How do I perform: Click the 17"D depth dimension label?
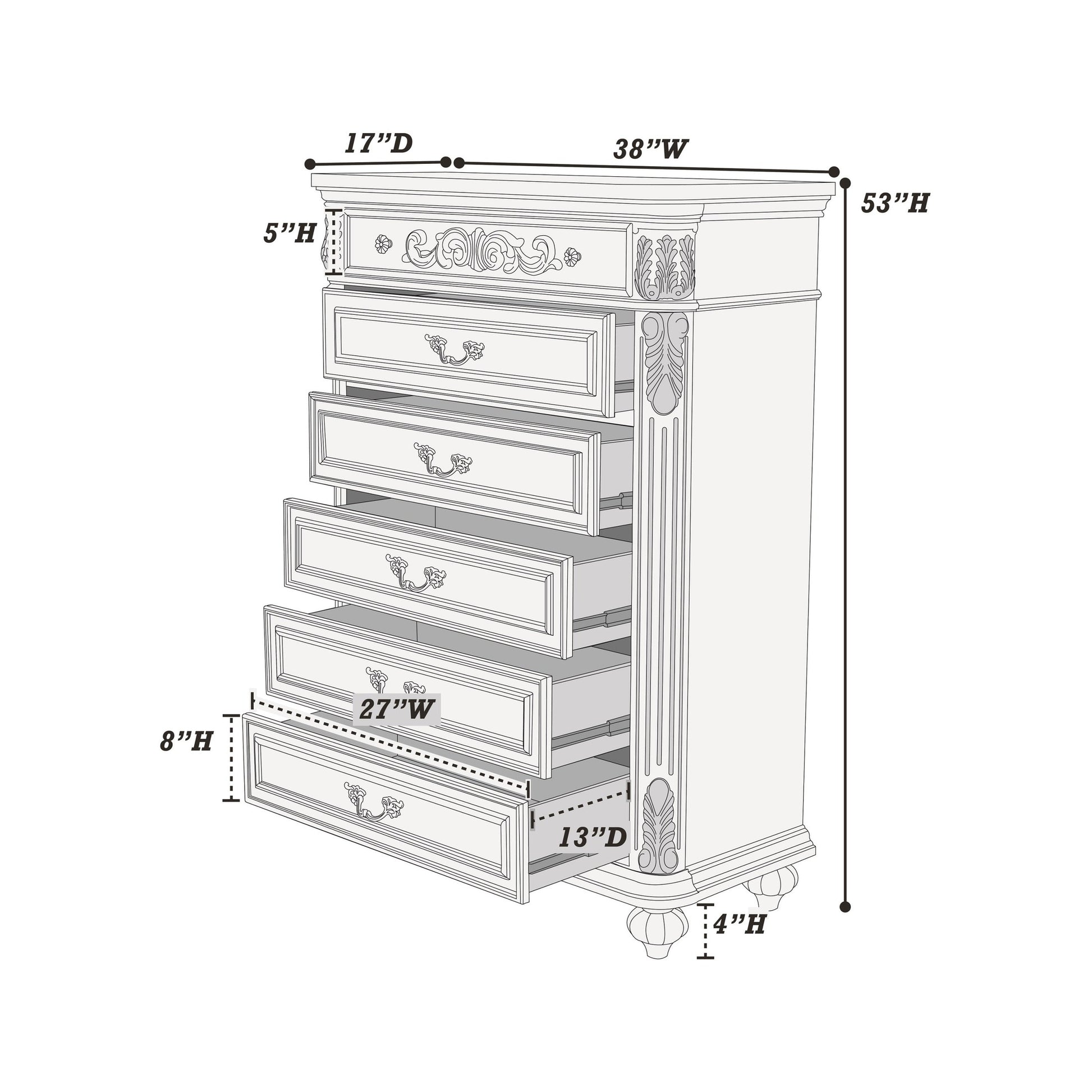pyautogui.click(x=379, y=144)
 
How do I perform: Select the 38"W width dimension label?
pyautogui.click(x=650, y=149)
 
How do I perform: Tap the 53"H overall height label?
pyautogui.click(x=895, y=203)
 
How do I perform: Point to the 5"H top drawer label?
pyautogui.click(x=290, y=233)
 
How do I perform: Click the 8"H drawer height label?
pyautogui.click(x=186, y=741)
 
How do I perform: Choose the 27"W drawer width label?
pyautogui.click(x=397, y=709)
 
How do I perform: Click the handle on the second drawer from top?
pyautogui.click(x=455, y=350)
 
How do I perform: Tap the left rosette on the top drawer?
pyautogui.click(x=383, y=244)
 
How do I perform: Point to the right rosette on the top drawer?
pyautogui.click(x=572, y=256)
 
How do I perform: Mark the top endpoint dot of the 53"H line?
pyautogui.click(x=846, y=183)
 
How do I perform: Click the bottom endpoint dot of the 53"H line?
pyautogui.click(x=846, y=907)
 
